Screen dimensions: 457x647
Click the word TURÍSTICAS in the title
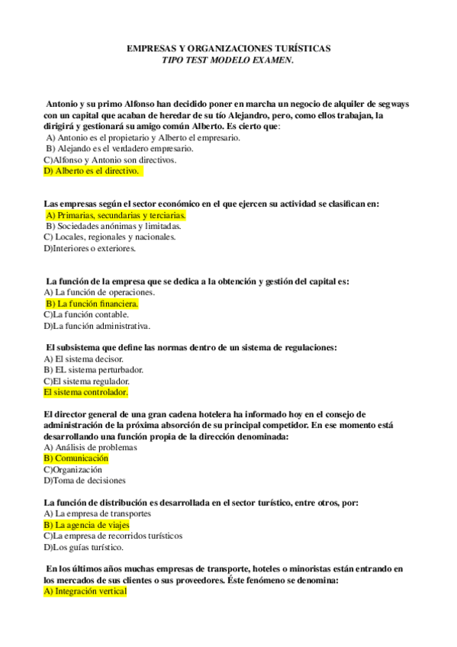(x=300, y=48)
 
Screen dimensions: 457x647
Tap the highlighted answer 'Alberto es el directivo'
(x=92, y=172)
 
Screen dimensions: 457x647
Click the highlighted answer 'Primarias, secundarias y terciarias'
(x=116, y=215)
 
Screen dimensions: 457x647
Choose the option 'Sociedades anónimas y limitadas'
(x=113, y=226)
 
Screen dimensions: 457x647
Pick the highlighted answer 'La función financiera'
(x=93, y=303)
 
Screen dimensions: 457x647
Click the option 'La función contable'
(x=86, y=314)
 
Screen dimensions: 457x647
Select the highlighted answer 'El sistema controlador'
(x=85, y=392)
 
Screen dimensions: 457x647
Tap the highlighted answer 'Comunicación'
(x=76, y=459)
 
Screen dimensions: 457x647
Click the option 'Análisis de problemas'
(x=90, y=447)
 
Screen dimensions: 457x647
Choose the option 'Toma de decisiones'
(x=85, y=481)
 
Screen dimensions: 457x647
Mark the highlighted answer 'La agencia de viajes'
(x=86, y=525)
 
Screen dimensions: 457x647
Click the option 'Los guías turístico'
(x=83, y=547)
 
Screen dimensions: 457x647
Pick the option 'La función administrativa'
(x=96, y=326)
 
